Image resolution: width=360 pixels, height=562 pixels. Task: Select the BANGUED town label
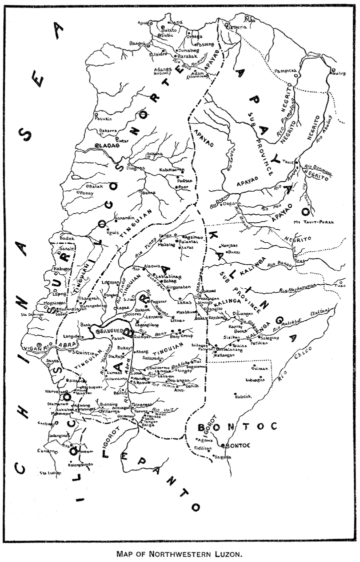pyautogui.click(x=110, y=331)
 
